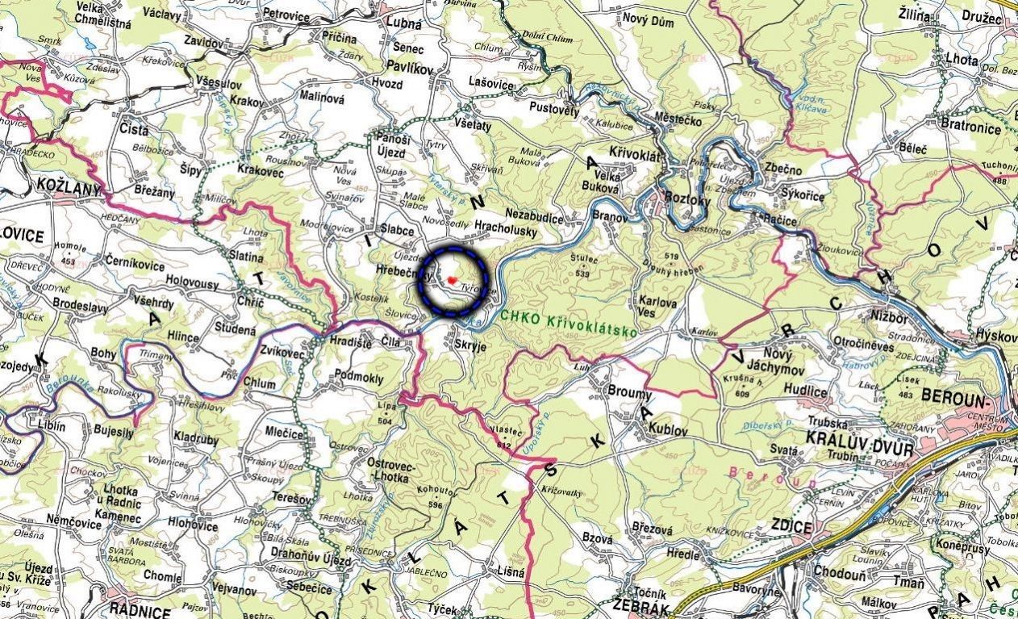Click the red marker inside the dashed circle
coord(453,279)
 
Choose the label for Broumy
coord(630,394)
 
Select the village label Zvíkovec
coord(282,353)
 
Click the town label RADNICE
coord(139,611)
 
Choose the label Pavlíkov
coord(409,68)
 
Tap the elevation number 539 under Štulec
coord(587,273)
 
